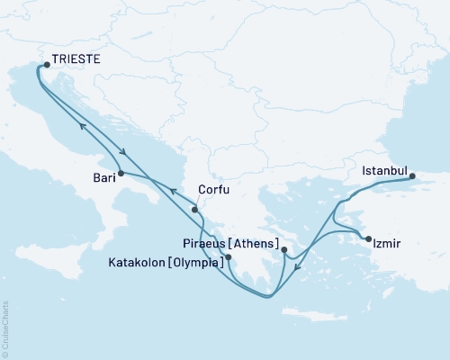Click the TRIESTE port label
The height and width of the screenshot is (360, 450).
(76, 61)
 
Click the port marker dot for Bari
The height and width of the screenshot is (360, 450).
(120, 172)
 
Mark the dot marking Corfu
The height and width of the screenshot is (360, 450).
(194, 210)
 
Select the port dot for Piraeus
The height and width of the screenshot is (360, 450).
(283, 250)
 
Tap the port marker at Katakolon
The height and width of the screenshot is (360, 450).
(229, 257)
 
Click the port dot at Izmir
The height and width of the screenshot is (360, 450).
(367, 238)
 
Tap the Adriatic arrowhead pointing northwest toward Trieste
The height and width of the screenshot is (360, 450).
(80, 126)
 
